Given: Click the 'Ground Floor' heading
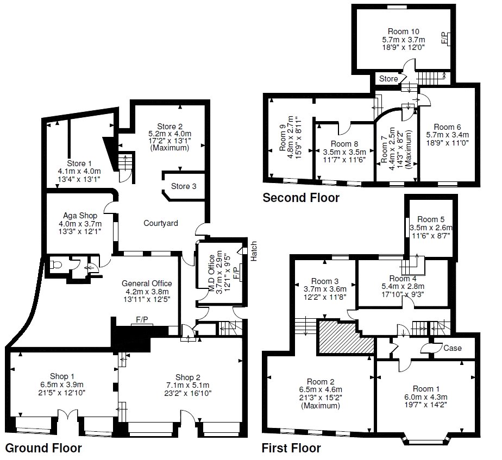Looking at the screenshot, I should point(43,448).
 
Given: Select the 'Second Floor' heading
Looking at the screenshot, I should point(301,198).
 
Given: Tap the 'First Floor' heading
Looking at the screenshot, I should point(291,448).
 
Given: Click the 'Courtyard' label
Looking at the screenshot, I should point(161,223).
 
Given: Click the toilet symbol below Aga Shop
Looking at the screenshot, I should point(55,266).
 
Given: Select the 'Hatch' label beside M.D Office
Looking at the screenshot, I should point(254,250).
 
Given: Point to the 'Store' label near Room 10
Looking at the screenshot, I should point(388,79).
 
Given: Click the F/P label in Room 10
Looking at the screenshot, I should point(444,37).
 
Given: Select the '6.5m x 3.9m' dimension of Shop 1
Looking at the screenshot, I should point(60,385).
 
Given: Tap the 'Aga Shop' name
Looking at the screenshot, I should point(80,216).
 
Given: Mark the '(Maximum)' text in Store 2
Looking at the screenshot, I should point(170,148).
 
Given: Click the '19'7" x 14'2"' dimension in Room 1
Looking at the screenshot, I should point(426,405).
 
